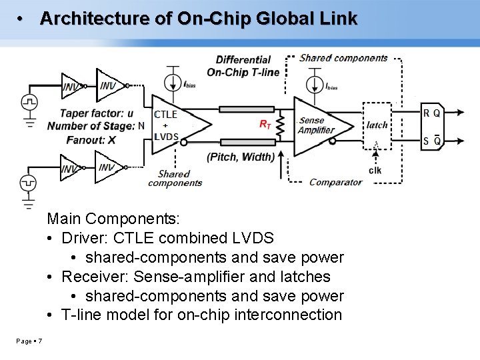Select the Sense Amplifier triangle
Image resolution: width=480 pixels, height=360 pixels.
point(320,125)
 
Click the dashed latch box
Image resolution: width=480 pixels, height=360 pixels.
point(377,125)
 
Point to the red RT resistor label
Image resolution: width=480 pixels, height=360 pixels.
point(265,125)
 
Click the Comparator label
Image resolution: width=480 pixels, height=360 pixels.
point(335,182)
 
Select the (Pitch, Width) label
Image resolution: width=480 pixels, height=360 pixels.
point(241,157)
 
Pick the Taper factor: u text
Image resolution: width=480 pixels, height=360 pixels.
point(97,113)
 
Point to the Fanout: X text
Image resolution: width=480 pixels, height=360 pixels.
point(91,139)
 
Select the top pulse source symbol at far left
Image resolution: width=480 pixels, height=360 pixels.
point(29,102)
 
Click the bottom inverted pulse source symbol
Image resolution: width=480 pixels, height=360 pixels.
point(29,181)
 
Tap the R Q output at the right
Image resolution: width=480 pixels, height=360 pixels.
point(431,113)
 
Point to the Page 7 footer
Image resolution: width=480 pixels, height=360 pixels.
point(29,341)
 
